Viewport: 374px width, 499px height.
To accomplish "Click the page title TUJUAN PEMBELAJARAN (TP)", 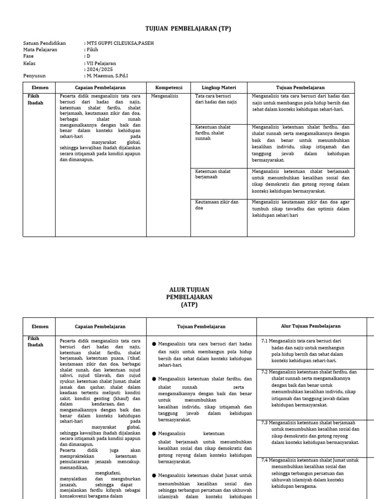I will click(188, 29).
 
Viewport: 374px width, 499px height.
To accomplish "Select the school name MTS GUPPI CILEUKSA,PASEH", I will click(120, 43).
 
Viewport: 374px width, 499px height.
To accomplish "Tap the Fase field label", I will click(28, 56).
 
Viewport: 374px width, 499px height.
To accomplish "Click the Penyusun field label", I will click(34, 76).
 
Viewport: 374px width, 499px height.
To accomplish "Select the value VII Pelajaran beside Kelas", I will click(101, 63).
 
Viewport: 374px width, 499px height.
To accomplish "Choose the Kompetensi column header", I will click(168, 88).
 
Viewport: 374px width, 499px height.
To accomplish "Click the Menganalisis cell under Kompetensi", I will click(165, 96).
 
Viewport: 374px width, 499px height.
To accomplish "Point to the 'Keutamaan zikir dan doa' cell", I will click(217, 205).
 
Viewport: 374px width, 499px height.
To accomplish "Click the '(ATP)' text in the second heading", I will click(189, 305).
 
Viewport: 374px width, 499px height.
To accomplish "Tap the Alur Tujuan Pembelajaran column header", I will click(311, 326).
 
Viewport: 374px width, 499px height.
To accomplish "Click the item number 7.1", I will click(265, 341).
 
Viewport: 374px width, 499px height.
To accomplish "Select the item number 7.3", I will click(265, 422).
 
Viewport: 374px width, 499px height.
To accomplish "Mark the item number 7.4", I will click(265, 460).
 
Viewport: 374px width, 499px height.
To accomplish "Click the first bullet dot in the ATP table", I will click(154, 344).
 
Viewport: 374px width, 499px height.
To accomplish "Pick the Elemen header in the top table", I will click(40, 88).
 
